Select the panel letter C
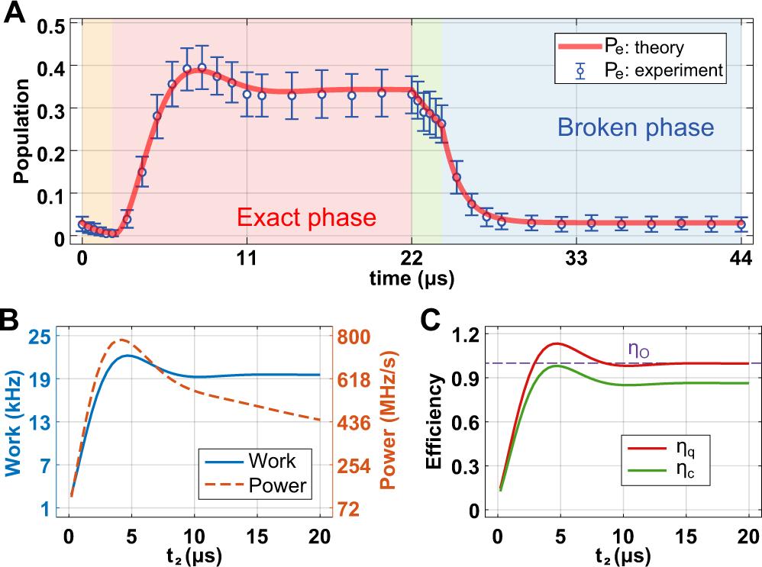(431, 319)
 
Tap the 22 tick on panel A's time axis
(412, 258)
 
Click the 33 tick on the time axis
(576, 258)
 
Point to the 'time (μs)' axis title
(412, 279)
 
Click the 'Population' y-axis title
(21, 131)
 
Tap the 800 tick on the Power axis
(353, 336)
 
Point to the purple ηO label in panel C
(638, 350)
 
